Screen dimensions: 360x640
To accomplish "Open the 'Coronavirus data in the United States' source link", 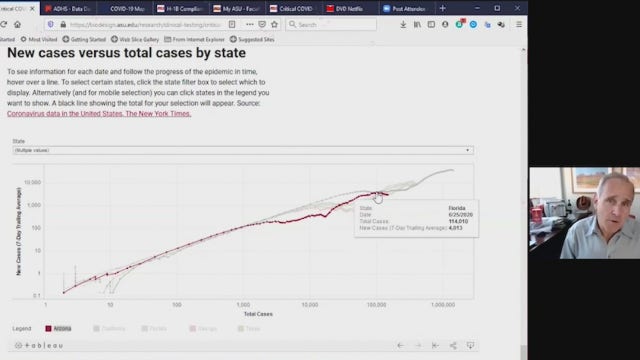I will [x=98, y=114].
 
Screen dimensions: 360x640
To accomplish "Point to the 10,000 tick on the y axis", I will [x=34, y=182].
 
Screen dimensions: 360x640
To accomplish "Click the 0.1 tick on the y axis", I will [x=37, y=296].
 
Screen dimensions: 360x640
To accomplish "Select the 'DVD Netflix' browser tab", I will [x=355, y=8].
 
